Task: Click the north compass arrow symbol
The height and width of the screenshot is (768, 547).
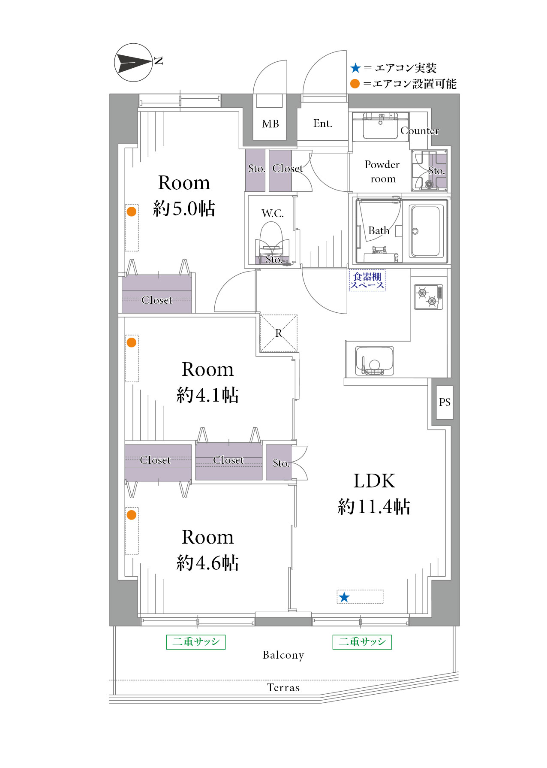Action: (133, 63)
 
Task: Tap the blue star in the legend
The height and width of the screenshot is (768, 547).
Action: (355, 68)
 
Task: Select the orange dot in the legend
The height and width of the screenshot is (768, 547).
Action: (355, 84)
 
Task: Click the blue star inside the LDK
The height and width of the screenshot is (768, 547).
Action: (344, 597)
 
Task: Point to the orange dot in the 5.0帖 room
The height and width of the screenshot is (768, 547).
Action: (132, 211)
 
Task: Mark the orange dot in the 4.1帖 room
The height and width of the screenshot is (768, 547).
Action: (132, 342)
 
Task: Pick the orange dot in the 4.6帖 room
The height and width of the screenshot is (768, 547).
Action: (132, 515)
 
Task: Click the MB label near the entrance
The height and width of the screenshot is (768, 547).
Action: (270, 124)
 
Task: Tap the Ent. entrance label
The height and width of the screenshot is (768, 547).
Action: (323, 124)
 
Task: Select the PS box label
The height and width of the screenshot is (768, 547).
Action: (445, 402)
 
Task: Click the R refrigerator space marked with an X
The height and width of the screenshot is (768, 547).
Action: (279, 333)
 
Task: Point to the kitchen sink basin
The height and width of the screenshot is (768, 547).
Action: (374, 361)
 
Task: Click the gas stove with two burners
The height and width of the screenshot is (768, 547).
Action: (428, 297)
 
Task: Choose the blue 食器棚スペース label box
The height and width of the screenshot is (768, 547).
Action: (367, 281)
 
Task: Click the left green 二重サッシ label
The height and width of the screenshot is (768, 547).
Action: (196, 642)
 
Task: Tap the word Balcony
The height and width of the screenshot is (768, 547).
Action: (283, 655)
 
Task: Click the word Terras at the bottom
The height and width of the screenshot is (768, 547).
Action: (283, 688)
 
